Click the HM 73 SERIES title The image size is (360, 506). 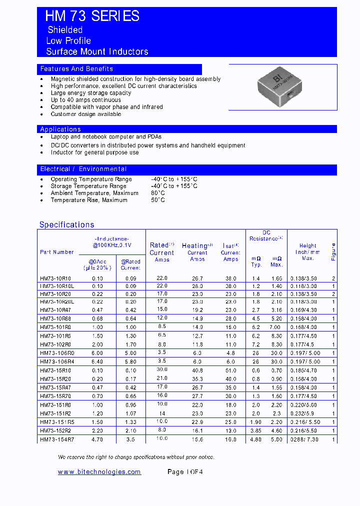pyautogui.click(x=92, y=16)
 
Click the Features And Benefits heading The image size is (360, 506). pyautogui.click(x=76, y=69)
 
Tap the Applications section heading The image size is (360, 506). pyautogui.click(x=60, y=129)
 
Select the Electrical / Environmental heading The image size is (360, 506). pyautogui.click(x=83, y=169)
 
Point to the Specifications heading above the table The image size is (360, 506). pyautogui.click(x=66, y=225)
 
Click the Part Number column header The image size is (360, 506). pyautogui.click(x=56, y=252)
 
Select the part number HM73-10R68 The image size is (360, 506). pyautogui.click(x=55, y=318)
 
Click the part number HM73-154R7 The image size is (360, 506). pyautogui.click(x=56, y=439)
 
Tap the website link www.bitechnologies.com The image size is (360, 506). pyautogui.click(x=99, y=472)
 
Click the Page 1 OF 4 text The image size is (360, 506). pyautogui.click(x=185, y=472)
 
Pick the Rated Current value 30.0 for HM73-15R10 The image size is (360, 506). pyautogui.click(x=162, y=370)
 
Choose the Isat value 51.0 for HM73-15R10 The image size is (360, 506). pyautogui.click(x=230, y=370)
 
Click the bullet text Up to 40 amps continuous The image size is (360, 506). pyautogui.click(x=85, y=100)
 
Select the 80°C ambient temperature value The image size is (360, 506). pyautogui.click(x=158, y=193)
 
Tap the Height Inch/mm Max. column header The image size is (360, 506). pyautogui.click(x=307, y=251)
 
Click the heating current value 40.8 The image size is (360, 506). pyautogui.click(x=197, y=370)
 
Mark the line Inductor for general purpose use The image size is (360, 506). pyautogui.click(x=94, y=152)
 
